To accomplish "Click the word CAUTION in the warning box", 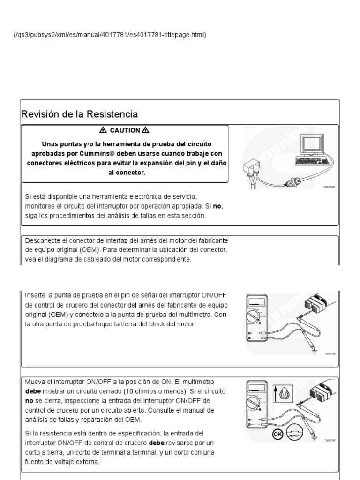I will (125, 130).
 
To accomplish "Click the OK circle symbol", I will (278, 435).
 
